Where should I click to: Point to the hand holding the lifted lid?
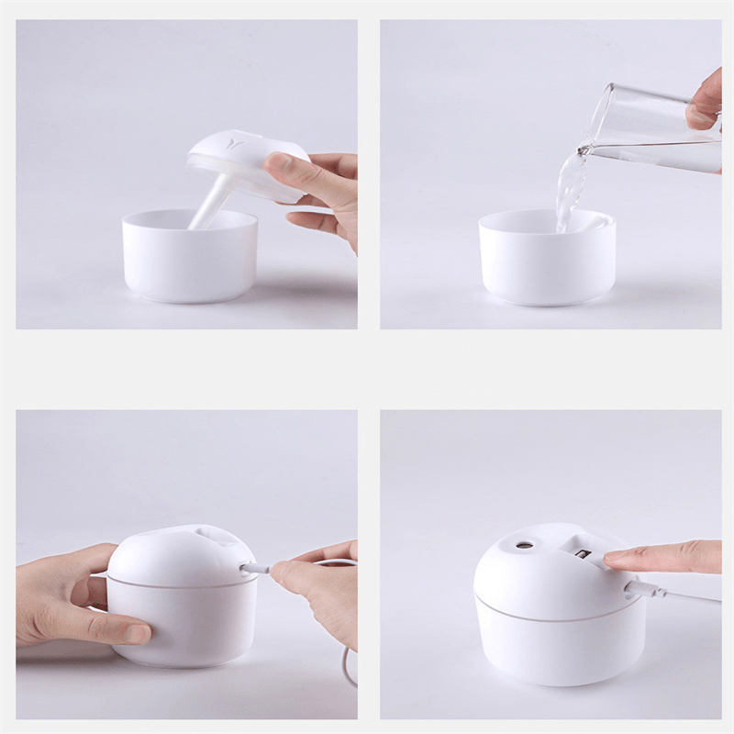tap(317, 188)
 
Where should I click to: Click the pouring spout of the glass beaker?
tap(585, 147)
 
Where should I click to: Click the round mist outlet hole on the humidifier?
tap(524, 544)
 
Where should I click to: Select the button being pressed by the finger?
tap(583, 552)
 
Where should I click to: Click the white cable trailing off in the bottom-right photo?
tap(688, 596)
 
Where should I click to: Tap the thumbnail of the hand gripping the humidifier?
tap(137, 633)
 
